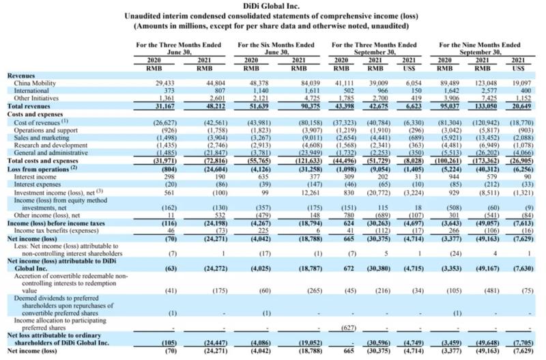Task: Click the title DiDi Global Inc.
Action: point(272,6)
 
